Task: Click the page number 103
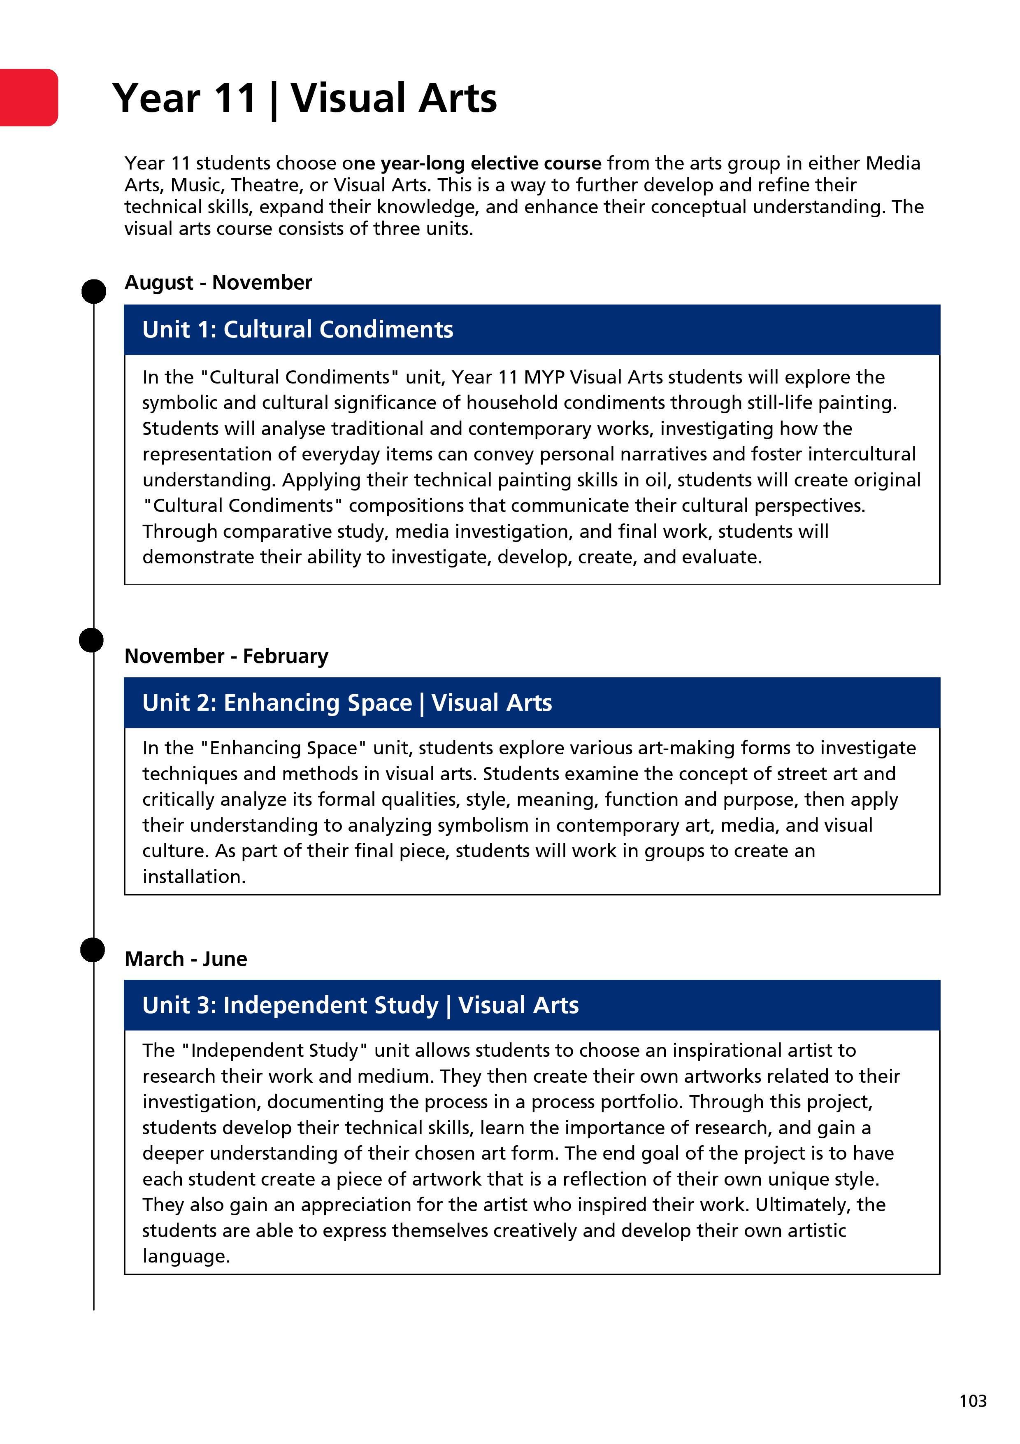972,1401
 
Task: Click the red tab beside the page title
28,98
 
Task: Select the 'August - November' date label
218,282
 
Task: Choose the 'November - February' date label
226,656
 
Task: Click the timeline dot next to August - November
94,291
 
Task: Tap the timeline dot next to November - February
91,640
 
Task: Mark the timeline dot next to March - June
93,950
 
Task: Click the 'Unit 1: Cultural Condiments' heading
297,330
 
